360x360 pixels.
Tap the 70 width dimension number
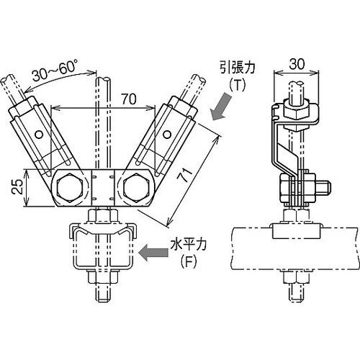128,99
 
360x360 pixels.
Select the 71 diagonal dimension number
185,174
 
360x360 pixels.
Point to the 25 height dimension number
18,186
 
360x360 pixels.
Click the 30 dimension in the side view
297,64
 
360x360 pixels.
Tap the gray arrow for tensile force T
221,107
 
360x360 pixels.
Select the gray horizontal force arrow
153,253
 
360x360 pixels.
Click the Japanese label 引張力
237,68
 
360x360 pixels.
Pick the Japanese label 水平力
189,245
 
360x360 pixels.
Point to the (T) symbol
237,85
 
